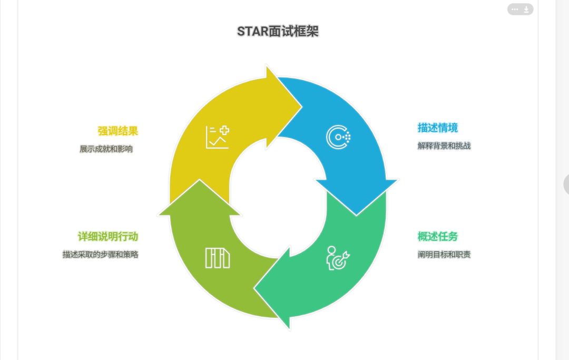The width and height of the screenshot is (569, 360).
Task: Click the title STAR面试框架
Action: click(278, 32)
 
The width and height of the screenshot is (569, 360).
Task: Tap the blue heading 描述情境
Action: click(437, 128)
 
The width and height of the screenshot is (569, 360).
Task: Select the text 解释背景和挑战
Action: click(444, 146)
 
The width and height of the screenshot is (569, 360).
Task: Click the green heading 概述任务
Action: click(437, 236)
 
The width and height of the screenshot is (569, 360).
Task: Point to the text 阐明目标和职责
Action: click(444, 255)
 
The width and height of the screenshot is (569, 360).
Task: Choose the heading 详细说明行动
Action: click(108, 236)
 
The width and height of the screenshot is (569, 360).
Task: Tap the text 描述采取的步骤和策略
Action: click(100, 255)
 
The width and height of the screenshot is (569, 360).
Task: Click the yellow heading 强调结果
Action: click(117, 131)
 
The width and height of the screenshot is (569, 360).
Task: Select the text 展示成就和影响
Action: click(106, 149)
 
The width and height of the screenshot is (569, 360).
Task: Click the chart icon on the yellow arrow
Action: click(217, 137)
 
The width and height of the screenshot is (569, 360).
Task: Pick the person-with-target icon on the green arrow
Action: click(338, 258)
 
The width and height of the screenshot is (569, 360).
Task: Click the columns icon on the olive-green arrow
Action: click(218, 258)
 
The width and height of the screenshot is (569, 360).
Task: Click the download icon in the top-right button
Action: click(526, 9)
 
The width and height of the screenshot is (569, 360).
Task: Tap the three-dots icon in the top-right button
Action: click(515, 9)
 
